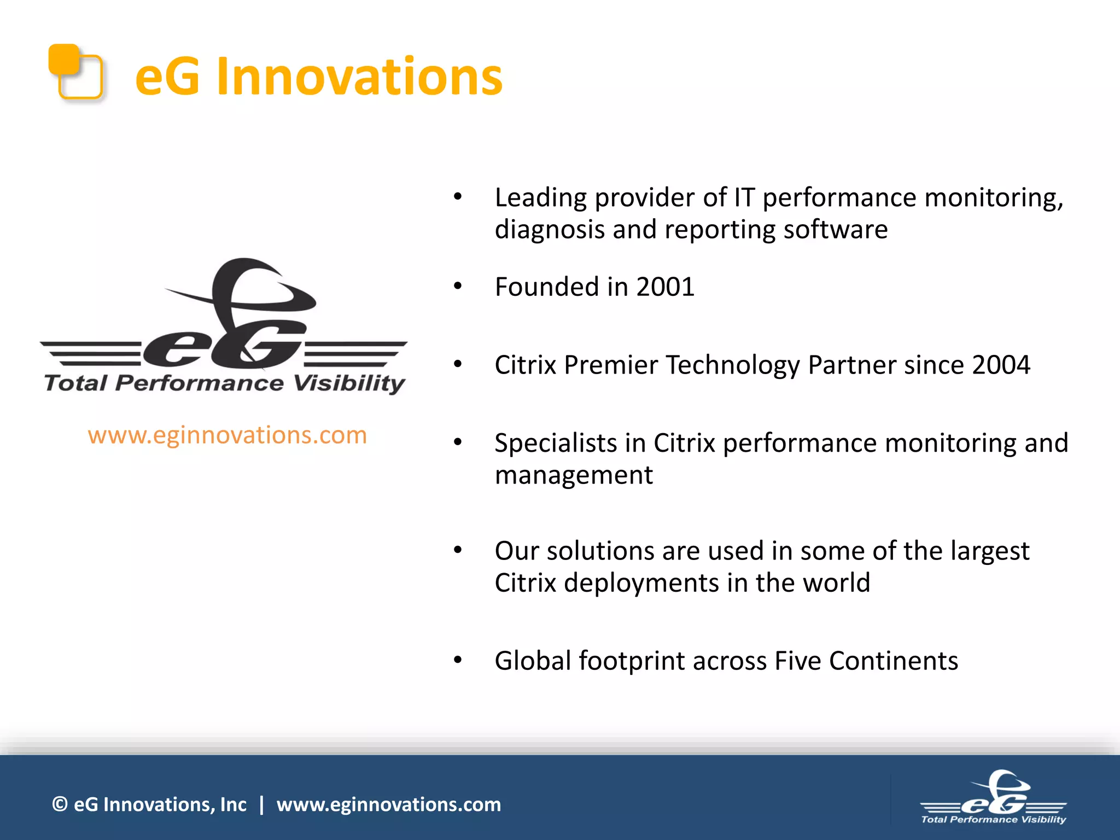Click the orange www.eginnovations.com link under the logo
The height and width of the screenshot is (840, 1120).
[227, 435]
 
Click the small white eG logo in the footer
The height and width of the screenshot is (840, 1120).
[994, 797]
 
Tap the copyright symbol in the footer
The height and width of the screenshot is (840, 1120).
[60, 804]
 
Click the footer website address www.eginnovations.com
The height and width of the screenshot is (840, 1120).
[388, 804]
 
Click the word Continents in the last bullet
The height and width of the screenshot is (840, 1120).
[893, 661]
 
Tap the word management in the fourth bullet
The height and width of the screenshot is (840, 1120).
[573, 475]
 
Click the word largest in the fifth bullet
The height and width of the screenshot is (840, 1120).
[989, 551]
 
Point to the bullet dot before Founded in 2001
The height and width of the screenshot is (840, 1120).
[458, 285]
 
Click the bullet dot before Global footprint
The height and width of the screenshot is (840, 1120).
[458, 660]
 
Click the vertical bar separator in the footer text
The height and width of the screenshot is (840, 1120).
[261, 804]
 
